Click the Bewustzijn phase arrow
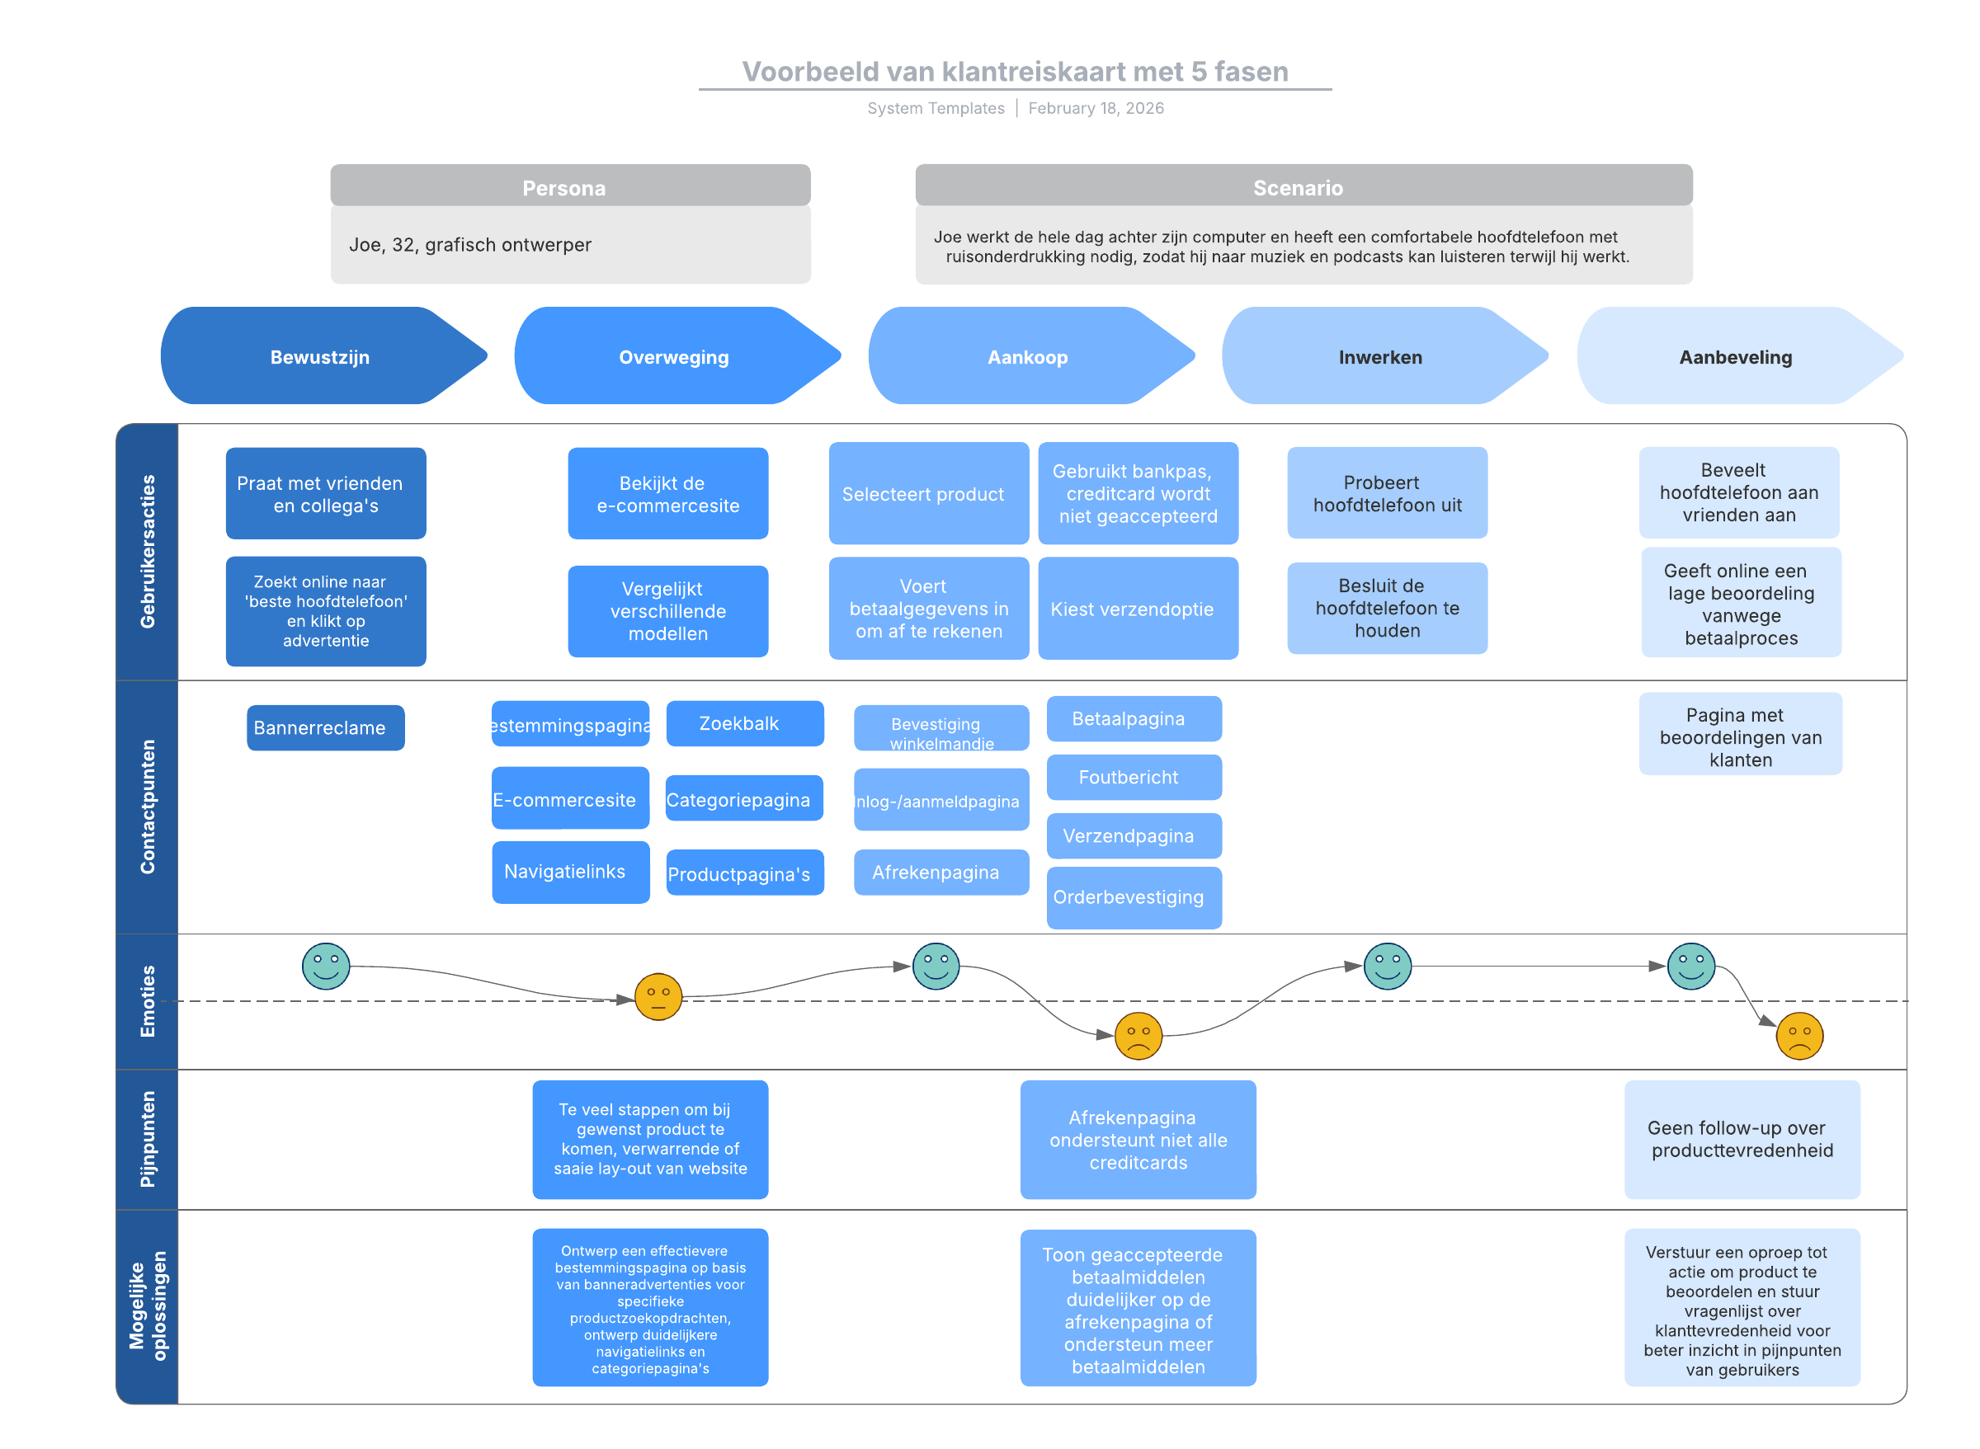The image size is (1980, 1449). click(323, 356)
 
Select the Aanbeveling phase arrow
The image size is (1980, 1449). click(1739, 356)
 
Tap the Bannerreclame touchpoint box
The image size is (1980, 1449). click(326, 728)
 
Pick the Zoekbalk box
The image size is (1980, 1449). click(745, 723)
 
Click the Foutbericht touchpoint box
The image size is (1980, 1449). click(1134, 777)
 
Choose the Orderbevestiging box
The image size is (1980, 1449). click(1134, 897)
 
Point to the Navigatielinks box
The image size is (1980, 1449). click(570, 872)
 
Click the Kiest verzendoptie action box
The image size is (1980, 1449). click(1138, 609)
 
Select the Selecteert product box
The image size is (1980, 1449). click(929, 494)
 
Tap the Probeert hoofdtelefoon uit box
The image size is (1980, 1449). click(1387, 493)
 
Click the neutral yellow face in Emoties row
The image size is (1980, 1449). click(658, 997)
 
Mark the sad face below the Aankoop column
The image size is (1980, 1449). click(1138, 1036)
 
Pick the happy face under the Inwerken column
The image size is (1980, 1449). click(1387, 967)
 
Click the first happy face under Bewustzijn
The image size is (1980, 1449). click(326, 967)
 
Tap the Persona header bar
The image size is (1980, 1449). click(570, 185)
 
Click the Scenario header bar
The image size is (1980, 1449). click(1303, 185)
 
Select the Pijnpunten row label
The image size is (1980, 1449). click(148, 1140)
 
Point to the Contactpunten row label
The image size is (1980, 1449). click(148, 807)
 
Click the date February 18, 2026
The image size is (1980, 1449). click(1096, 108)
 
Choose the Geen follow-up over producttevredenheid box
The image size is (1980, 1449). click(1742, 1140)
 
